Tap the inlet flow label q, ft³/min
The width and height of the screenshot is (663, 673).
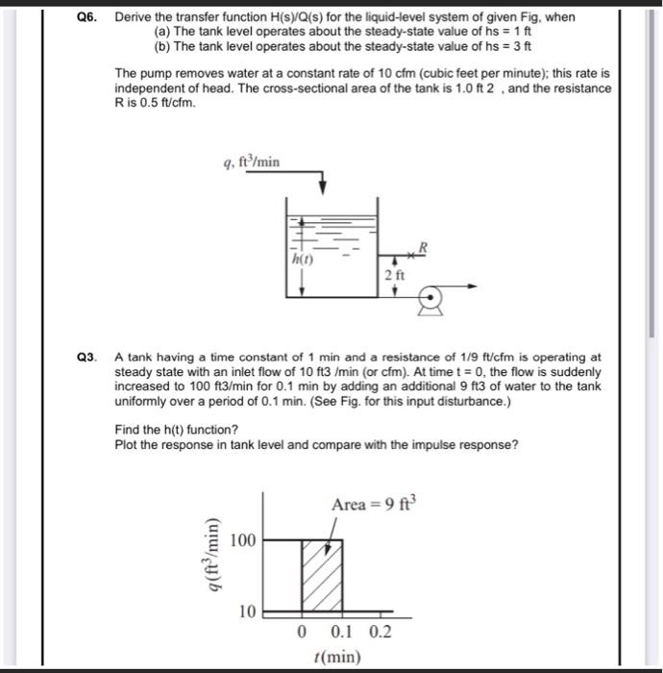(251, 162)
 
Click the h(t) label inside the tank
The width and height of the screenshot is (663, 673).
(302, 258)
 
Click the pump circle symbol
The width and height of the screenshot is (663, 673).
(432, 299)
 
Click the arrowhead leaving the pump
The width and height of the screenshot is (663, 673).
(475, 286)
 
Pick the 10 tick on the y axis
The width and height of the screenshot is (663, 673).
(246, 611)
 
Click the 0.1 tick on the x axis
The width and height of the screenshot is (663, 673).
(341, 633)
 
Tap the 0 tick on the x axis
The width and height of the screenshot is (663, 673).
(303, 633)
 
